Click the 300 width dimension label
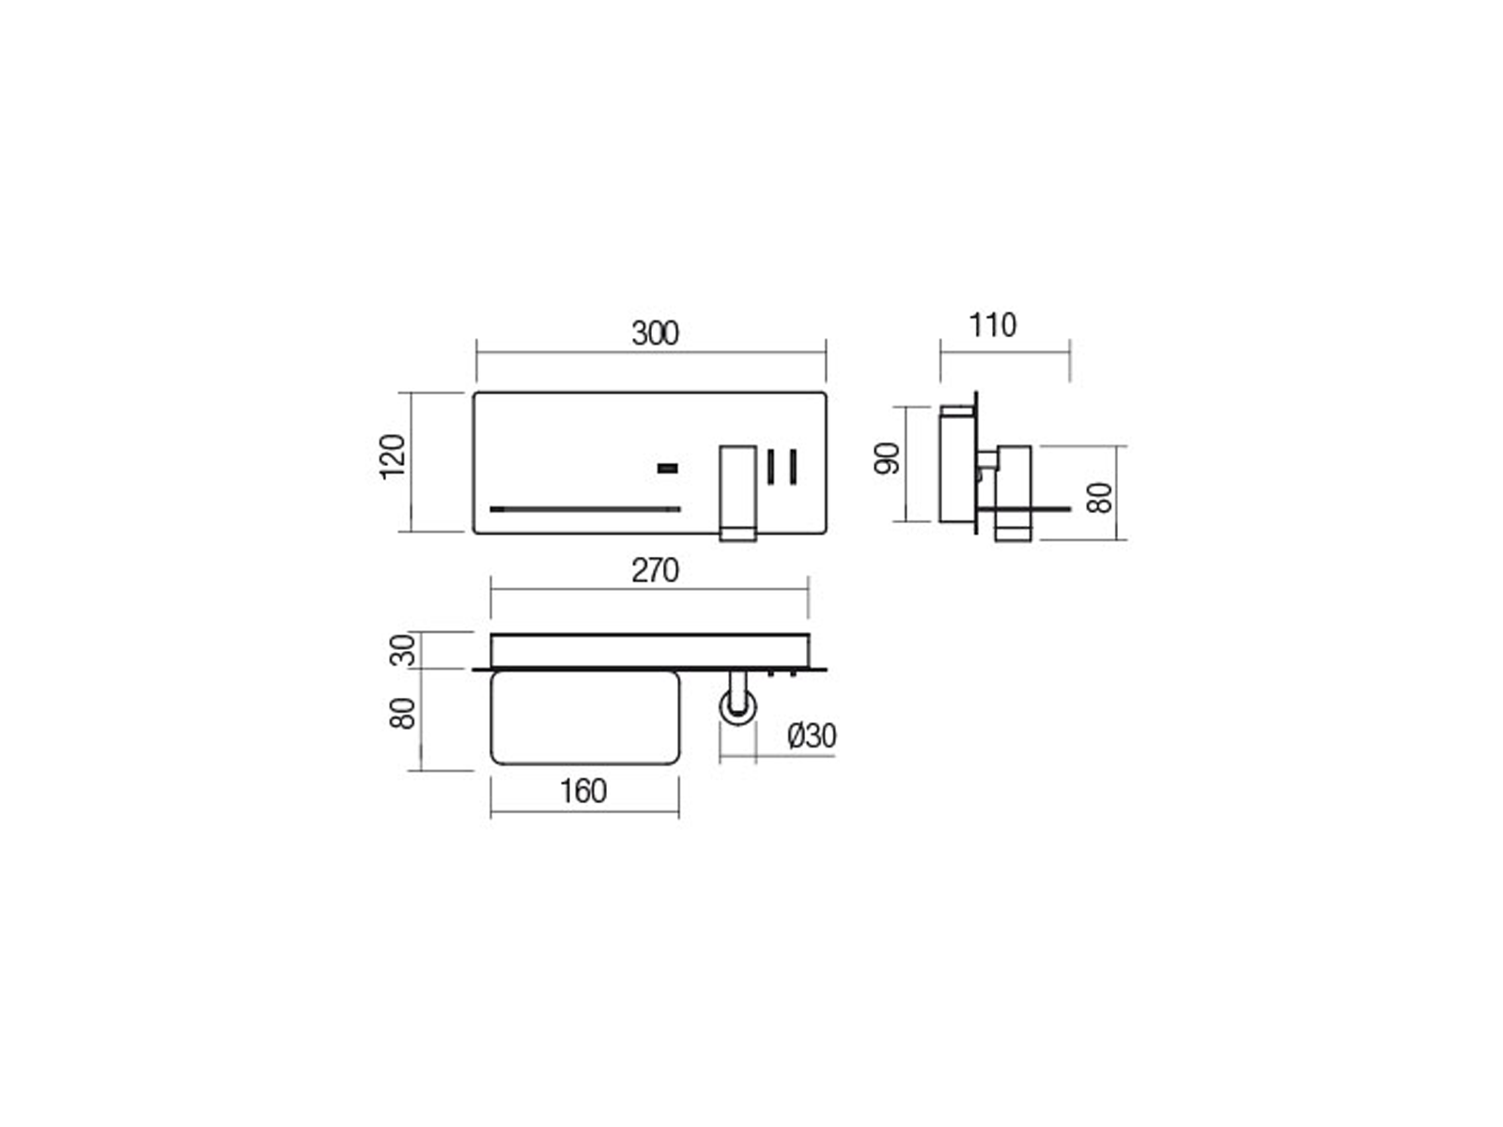pos(655,333)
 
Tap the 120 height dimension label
pos(393,456)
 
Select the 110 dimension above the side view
pos(992,325)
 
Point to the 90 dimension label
pos(887,458)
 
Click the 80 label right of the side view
pos(1099,498)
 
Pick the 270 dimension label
pos(655,570)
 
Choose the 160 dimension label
pos(582,791)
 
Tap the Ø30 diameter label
pos(812,735)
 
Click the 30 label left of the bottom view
pos(403,650)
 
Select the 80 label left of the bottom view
pos(403,713)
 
